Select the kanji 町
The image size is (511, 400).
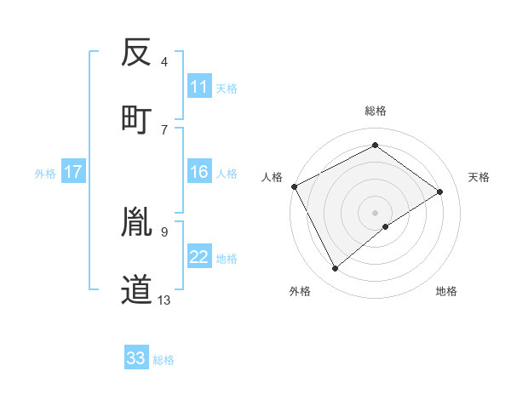point(136,117)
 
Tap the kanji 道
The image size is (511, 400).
point(136,289)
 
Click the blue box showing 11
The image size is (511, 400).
point(199,87)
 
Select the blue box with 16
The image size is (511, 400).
point(199,172)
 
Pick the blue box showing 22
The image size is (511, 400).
point(199,257)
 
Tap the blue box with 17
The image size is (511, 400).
point(73,172)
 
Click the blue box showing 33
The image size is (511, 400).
point(136,358)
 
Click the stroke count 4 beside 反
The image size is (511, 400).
point(164,62)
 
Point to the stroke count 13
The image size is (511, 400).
point(164,300)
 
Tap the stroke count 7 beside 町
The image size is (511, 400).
point(164,129)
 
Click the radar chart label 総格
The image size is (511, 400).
point(375,111)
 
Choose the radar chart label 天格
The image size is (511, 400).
point(479,177)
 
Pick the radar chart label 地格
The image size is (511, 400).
point(446,291)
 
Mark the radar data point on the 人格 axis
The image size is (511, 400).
point(294,186)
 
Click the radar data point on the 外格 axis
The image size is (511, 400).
point(335,269)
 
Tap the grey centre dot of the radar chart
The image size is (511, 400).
point(375,212)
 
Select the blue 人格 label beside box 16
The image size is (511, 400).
point(227,173)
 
